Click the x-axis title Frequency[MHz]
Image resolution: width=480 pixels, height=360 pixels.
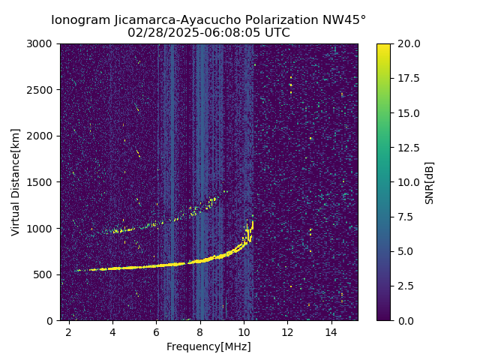tap(208, 346)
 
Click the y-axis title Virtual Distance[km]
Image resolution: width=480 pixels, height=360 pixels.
tap(16, 182)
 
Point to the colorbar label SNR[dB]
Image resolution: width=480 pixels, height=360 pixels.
tap(430, 182)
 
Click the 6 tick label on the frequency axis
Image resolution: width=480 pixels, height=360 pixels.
tap(156, 331)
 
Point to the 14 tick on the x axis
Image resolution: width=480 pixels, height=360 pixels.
tap(331, 331)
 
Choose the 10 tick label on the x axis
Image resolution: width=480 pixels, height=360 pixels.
tap(244, 331)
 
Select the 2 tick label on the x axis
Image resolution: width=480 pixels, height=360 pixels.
tap(69, 331)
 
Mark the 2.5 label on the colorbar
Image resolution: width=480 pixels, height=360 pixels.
tap(404, 286)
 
